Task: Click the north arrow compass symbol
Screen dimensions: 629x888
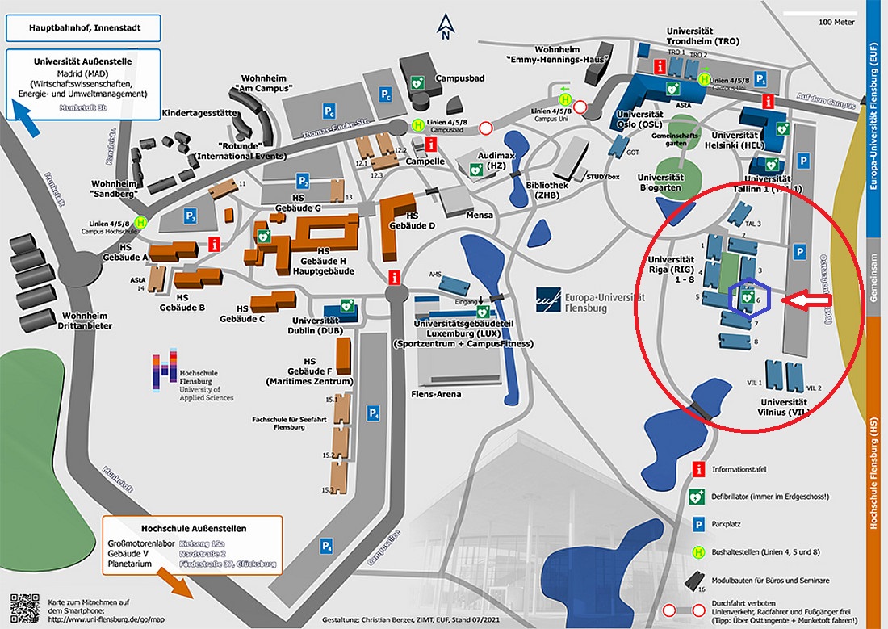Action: pyautogui.click(x=444, y=27)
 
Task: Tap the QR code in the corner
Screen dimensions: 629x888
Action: pyautogui.click(x=24, y=607)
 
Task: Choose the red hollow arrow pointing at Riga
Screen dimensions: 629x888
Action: pyautogui.click(x=809, y=301)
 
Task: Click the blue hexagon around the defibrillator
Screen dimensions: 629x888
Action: pyautogui.click(x=750, y=299)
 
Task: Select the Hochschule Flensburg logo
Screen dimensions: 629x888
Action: pyautogui.click(x=167, y=371)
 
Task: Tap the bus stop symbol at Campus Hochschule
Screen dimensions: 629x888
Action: pyautogui.click(x=142, y=222)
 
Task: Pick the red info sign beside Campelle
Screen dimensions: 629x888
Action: pyautogui.click(x=431, y=145)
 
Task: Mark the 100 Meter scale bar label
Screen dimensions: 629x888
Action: pyautogui.click(x=836, y=22)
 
